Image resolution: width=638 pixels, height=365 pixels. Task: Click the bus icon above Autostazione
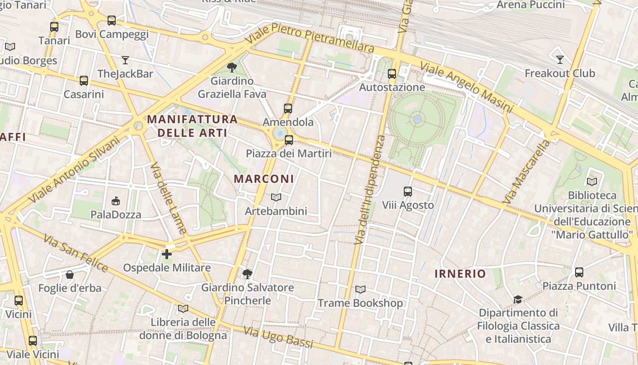(x=391, y=73)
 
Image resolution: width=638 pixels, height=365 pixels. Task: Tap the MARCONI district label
(x=264, y=179)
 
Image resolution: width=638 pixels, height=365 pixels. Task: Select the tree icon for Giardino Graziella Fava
(x=232, y=68)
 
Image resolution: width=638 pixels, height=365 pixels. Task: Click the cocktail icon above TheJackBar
(x=125, y=60)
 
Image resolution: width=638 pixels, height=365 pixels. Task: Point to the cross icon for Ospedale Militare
(x=167, y=254)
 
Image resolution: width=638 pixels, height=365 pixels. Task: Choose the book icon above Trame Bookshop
(x=360, y=290)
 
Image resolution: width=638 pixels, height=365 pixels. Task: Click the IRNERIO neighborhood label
(x=460, y=274)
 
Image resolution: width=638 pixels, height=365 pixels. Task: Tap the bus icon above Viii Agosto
(x=408, y=192)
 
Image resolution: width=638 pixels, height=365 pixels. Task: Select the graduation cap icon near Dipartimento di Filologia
(x=518, y=300)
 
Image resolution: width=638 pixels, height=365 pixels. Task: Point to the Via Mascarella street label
(x=526, y=172)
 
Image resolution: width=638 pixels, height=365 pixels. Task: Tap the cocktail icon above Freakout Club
(x=560, y=60)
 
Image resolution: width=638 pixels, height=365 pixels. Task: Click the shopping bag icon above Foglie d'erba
(x=70, y=275)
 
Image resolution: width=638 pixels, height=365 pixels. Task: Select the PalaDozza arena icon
(x=116, y=201)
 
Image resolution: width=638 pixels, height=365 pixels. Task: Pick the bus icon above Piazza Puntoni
(x=579, y=272)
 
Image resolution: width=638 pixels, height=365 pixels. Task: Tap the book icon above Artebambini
(x=276, y=198)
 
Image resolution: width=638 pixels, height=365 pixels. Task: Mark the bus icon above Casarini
(x=83, y=81)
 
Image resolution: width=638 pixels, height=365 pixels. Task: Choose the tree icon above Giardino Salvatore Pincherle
(x=247, y=274)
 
